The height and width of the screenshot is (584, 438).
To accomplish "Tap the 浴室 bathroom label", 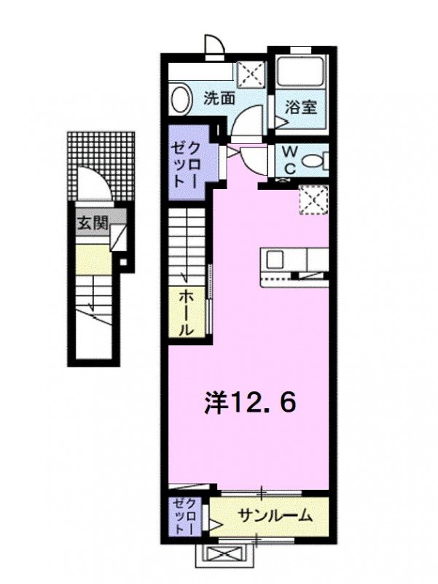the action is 301,107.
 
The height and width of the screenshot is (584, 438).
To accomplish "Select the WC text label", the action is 289,160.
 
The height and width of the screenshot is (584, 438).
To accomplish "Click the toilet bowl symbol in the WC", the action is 316,161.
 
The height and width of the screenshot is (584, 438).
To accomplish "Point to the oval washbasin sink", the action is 181,99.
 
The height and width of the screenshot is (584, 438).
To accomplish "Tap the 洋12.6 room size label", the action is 249,403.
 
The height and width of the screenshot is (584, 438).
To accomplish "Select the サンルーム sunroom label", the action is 275,516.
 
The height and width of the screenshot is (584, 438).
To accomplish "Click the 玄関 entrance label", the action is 93,223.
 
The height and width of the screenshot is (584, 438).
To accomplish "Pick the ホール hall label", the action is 186,312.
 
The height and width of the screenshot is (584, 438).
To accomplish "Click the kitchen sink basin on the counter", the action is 275,259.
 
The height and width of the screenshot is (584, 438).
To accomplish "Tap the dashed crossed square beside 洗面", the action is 251,75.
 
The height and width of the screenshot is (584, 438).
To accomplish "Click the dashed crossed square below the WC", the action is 314,200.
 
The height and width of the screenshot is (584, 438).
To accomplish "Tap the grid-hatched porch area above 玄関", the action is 101,166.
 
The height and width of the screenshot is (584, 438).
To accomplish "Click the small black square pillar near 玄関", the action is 122,262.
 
